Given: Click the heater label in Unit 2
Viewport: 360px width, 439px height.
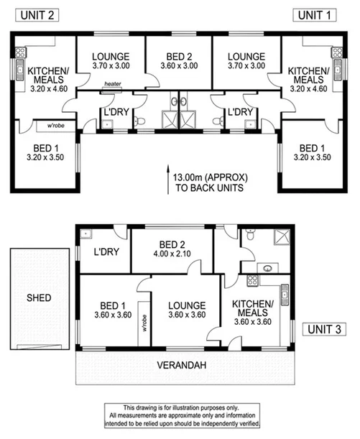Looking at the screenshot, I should tap(112, 85).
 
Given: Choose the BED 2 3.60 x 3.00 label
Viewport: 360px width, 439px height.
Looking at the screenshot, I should tap(179, 61).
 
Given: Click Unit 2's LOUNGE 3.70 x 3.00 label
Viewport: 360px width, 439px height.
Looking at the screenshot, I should tap(111, 61).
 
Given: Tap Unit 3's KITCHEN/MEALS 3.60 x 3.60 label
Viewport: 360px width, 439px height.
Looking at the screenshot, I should tap(253, 314).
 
